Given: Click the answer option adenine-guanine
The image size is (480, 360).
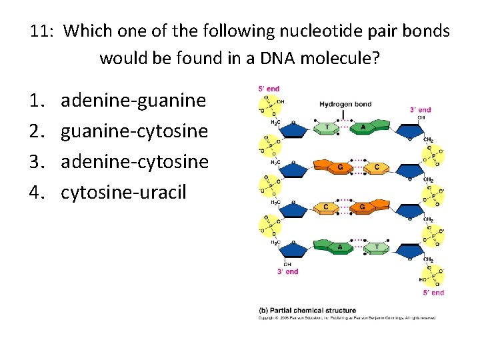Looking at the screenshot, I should pyautogui.click(x=133, y=101).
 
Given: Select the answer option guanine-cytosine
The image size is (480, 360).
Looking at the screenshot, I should pyautogui.click(x=134, y=131).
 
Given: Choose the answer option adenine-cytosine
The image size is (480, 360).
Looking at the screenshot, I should pyautogui.click(x=134, y=162).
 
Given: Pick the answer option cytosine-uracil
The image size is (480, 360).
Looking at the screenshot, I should pyautogui.click(x=123, y=193).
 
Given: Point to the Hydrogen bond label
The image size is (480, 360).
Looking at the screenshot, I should pyautogui.click(x=345, y=104).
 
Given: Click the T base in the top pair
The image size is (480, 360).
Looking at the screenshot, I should pyautogui.click(x=327, y=127).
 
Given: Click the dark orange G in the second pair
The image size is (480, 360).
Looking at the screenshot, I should pyautogui.click(x=340, y=166).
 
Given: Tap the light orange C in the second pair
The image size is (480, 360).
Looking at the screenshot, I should pyautogui.click(x=377, y=166).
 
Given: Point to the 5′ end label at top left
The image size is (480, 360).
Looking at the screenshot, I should pyautogui.click(x=269, y=89).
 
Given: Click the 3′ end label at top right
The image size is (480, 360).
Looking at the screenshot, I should pyautogui.click(x=419, y=110).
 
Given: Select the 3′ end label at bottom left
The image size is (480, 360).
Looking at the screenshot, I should pyautogui.click(x=287, y=271).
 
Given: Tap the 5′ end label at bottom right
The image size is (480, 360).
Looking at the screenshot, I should pyautogui.click(x=433, y=292).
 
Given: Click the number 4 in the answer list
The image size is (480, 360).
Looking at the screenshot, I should pyautogui.click(x=35, y=193).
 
